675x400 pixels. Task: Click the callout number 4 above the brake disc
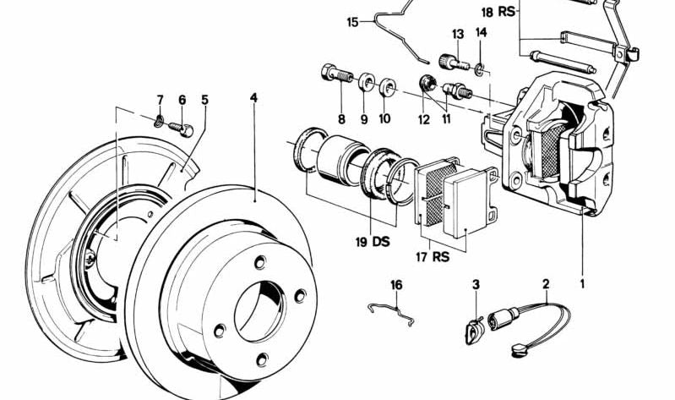click(253, 98)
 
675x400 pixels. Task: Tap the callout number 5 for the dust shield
click(204, 99)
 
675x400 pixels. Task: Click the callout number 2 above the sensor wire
click(546, 285)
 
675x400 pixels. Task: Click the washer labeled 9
click(367, 83)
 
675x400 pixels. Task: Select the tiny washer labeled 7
click(161, 119)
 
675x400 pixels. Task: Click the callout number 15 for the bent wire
click(352, 23)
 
